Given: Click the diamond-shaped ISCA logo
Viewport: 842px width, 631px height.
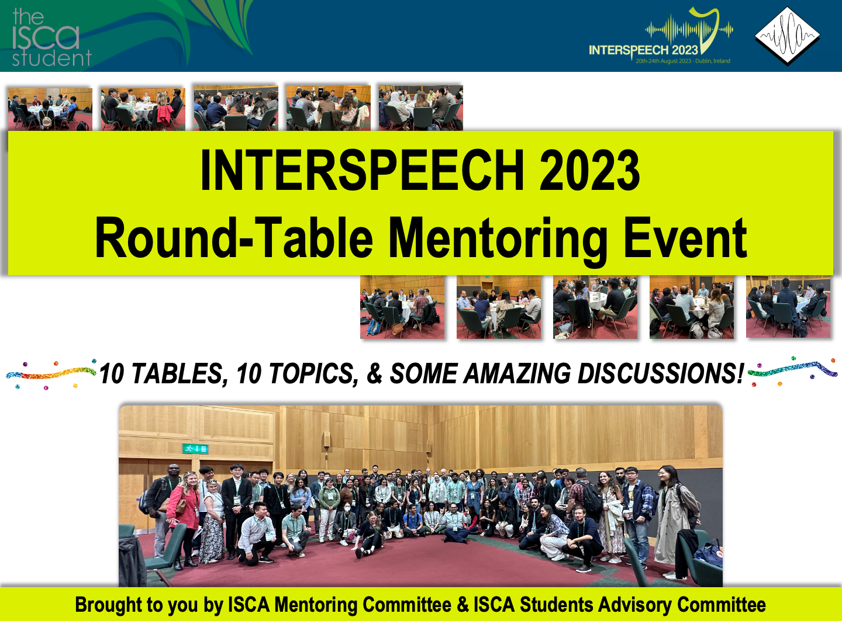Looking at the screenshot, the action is (787, 36).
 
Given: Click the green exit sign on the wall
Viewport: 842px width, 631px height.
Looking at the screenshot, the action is (195, 448).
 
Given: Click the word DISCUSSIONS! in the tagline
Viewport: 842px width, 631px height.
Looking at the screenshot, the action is (661, 373).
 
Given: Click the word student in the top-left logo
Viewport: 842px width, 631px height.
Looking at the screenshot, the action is (52, 58).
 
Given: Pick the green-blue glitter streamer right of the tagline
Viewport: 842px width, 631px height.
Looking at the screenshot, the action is (792, 370).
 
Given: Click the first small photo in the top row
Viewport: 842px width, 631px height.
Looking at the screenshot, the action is (50, 109).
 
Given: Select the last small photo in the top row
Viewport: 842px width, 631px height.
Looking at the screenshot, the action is (421, 108).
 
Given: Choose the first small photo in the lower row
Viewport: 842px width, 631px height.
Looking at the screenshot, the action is (402, 307).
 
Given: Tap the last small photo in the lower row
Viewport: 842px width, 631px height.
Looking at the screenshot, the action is (788, 307).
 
